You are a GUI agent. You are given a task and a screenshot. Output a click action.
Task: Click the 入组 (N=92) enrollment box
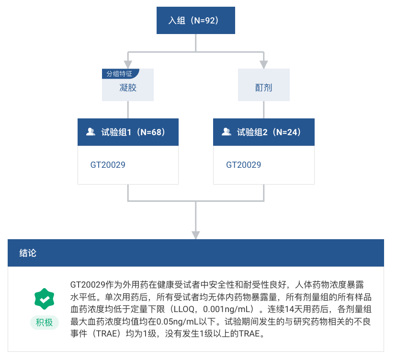tap(196, 21)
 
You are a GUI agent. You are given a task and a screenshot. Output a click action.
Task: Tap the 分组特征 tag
tap(119, 74)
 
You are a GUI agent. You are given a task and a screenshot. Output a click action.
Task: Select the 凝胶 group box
tap(128, 88)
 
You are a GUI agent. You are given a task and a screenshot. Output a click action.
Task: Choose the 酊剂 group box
tap(263, 88)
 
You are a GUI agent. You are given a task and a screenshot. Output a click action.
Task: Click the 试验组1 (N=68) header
tap(128, 132)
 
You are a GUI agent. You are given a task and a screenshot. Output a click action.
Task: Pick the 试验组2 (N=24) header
tap(263, 132)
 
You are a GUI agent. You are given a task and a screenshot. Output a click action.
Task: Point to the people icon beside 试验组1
tap(91, 132)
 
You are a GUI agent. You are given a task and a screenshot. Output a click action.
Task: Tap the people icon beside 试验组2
tap(227, 132)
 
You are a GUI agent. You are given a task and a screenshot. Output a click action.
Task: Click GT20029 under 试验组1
tap(108, 165)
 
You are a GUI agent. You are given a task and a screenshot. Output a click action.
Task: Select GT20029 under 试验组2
tap(244, 165)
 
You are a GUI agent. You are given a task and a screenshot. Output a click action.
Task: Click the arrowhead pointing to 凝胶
tap(128, 64)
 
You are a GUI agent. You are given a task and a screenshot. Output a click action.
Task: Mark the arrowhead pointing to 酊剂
tap(263, 64)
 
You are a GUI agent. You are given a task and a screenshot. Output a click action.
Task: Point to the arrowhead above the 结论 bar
tap(196, 234)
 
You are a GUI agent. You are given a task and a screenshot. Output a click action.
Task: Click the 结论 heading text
tap(28, 253)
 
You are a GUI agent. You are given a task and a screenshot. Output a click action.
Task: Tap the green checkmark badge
tap(44, 299)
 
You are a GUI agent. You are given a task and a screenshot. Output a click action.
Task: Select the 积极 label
tap(44, 323)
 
